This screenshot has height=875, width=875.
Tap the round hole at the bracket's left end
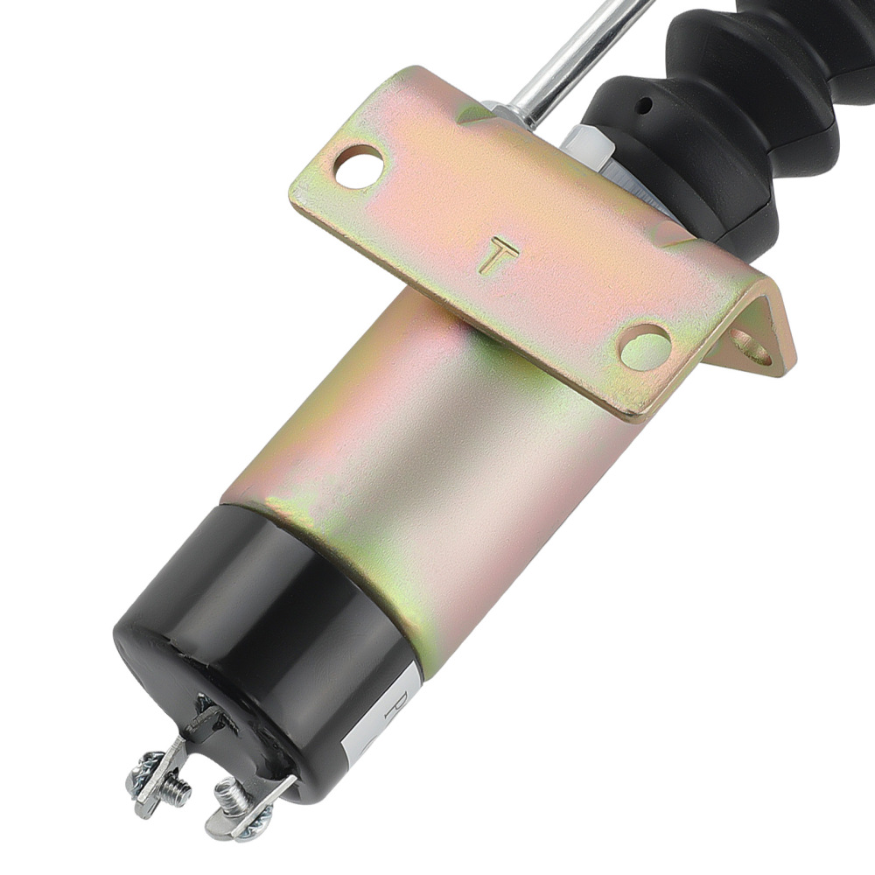(359, 166)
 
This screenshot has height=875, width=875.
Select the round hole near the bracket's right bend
(645, 346)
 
